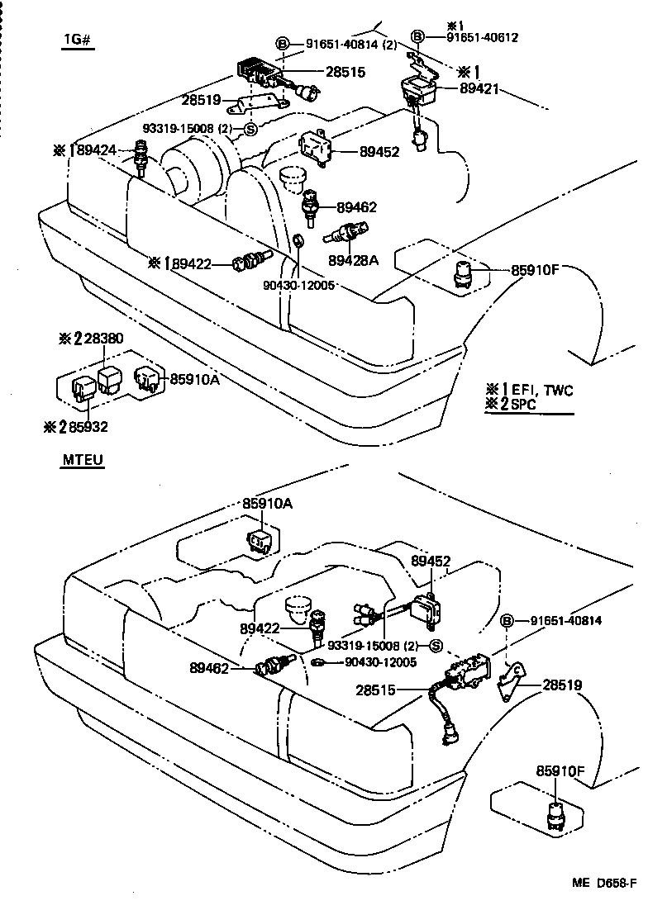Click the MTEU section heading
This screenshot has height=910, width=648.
[x=83, y=459]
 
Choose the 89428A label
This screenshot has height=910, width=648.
[x=353, y=260]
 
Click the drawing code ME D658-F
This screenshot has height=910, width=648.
[x=603, y=883]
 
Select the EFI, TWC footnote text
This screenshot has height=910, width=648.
[x=541, y=390]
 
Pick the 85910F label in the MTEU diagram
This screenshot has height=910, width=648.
[x=560, y=770]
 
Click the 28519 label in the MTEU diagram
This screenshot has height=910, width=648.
[x=562, y=685]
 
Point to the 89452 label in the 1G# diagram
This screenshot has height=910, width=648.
[x=379, y=151]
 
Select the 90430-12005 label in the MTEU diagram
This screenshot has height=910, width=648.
[x=380, y=661]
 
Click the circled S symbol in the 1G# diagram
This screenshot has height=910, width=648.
[x=250, y=128]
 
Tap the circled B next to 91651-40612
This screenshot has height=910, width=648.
[x=418, y=36]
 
